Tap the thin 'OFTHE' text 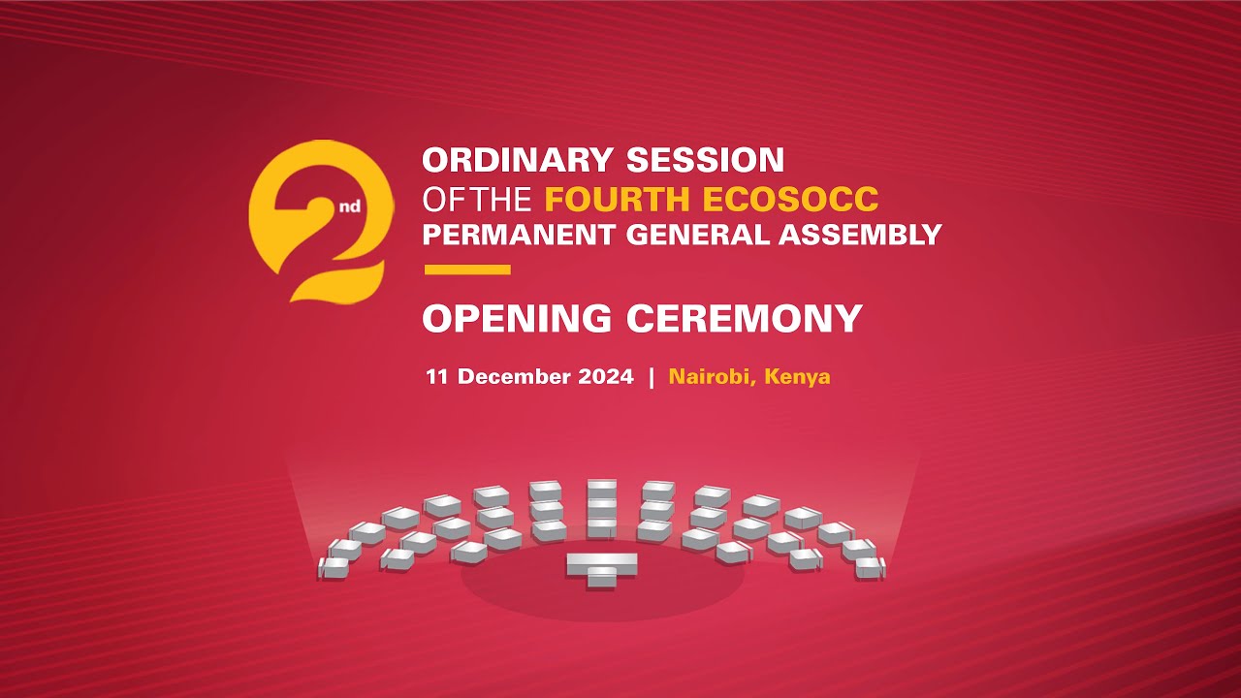click(477, 199)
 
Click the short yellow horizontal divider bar click(467, 270)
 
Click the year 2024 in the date click(605, 376)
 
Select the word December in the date click(513, 376)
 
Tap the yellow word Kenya click(797, 376)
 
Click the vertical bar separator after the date click(652, 376)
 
